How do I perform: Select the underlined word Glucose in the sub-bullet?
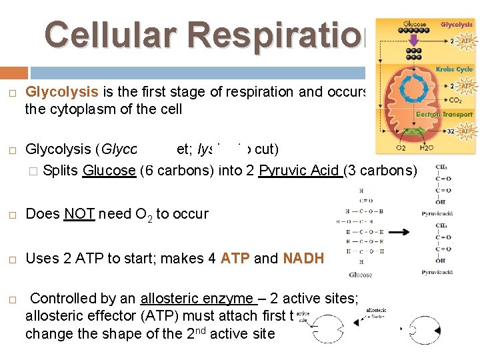pyautogui.click(x=109, y=170)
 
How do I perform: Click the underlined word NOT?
pyautogui.click(x=79, y=214)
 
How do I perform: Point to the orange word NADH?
pyautogui.click(x=303, y=259)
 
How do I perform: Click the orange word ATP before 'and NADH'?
pyautogui.click(x=235, y=259)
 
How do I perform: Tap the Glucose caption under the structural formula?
pyautogui.click(x=361, y=275)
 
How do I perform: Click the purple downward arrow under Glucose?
pyautogui.click(x=415, y=42)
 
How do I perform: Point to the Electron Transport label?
pyautogui.click(x=444, y=115)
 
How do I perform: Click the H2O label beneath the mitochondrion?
pyautogui.click(x=427, y=147)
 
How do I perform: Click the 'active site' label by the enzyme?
pyautogui.click(x=303, y=316)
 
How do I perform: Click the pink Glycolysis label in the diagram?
pyautogui.click(x=457, y=25)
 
